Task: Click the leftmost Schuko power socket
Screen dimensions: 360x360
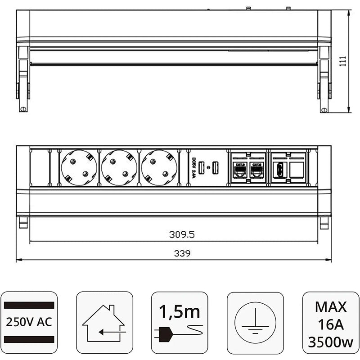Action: pos(79,167)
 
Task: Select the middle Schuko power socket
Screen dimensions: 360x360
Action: pos(119,167)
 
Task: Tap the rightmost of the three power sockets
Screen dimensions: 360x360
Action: pos(159,167)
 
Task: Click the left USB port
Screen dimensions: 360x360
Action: pos(202,167)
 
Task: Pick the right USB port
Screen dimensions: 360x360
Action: pos(215,167)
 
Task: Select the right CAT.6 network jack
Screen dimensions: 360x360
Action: pos(256,170)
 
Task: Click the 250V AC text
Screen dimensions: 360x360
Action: pos(29,322)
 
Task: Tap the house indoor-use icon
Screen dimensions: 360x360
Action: pos(103,322)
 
